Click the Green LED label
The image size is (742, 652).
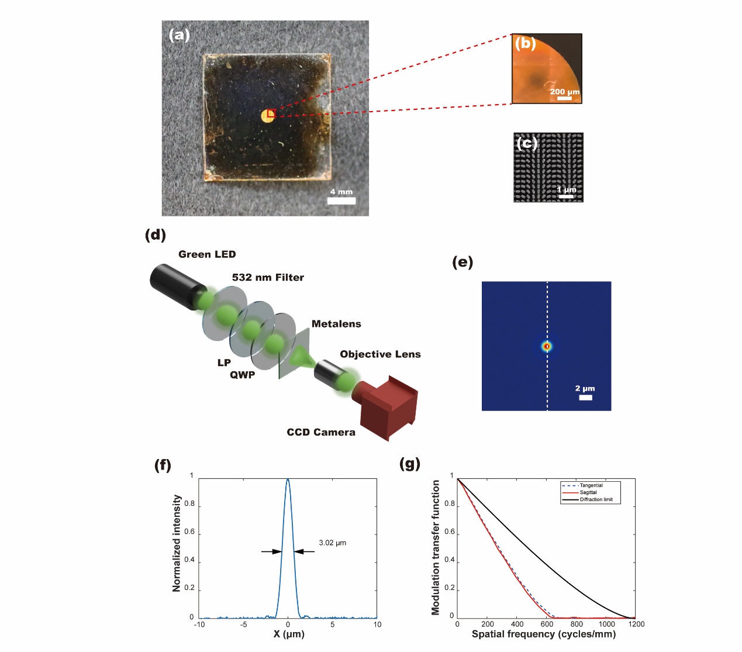207,254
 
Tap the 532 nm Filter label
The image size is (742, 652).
268,278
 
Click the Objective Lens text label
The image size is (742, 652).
380,354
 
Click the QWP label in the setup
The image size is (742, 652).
242,375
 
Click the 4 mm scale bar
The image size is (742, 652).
341,201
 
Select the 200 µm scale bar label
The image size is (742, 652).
564,92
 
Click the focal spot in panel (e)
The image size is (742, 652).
547,346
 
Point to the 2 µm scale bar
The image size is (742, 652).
585,398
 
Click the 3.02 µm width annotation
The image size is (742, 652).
332,543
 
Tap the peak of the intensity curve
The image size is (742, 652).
288,480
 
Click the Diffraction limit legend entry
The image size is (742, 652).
596,499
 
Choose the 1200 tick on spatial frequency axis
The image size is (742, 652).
636,624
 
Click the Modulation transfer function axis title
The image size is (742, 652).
436,547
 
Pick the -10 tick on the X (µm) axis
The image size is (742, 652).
199,625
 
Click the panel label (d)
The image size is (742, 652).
156,235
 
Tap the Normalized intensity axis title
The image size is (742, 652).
177,543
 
